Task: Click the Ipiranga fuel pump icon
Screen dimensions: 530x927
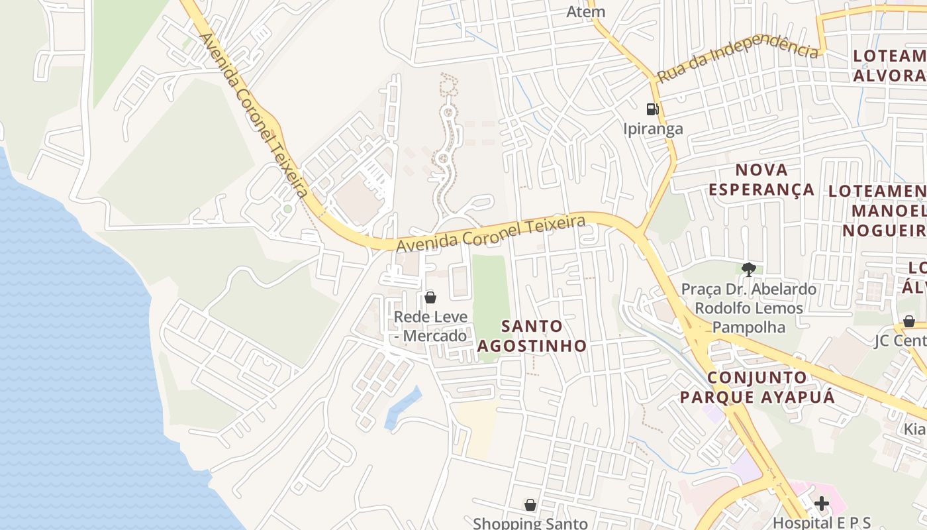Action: click(652, 109)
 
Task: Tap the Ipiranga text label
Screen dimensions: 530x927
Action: click(653, 129)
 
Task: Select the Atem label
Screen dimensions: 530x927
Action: click(586, 11)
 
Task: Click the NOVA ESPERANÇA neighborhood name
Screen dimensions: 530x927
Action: click(761, 180)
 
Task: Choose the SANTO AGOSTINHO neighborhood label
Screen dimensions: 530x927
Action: click(532, 336)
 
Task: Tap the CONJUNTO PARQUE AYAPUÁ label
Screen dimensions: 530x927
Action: click(757, 388)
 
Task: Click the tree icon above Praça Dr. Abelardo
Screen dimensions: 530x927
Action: click(749, 269)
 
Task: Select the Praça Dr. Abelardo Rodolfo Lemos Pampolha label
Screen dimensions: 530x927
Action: click(749, 308)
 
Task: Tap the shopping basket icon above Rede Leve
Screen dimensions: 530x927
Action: click(430, 297)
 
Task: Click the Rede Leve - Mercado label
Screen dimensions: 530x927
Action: click(430, 326)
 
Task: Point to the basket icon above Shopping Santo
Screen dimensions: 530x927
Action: click(530, 505)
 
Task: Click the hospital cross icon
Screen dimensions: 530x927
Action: click(822, 503)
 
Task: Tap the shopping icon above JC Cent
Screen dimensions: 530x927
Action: click(909, 321)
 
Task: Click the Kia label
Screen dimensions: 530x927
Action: click(914, 429)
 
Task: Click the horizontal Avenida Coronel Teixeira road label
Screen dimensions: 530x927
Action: click(491, 233)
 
